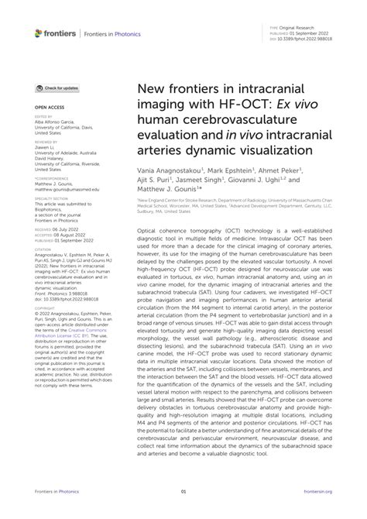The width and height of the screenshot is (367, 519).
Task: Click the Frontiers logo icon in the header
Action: point(39,33)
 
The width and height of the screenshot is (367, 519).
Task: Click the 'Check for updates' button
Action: point(58,89)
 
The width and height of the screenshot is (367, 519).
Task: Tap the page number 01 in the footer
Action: point(183,492)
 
